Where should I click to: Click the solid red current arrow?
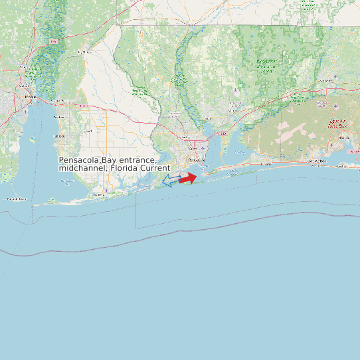(x=188, y=177)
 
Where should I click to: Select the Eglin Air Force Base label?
(x=339, y=122)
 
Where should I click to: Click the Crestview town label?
(x=325, y=81)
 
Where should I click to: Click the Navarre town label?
(x=266, y=163)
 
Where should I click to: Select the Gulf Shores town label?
(x=100, y=195)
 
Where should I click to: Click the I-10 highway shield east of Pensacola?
(x=224, y=134)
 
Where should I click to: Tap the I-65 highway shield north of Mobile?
(x=53, y=42)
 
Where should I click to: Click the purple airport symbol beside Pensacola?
(x=203, y=148)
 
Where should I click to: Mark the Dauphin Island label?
(x=17, y=199)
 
